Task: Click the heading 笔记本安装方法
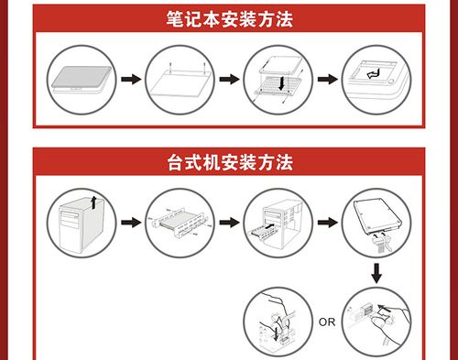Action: (229, 19)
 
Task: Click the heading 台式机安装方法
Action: (230, 162)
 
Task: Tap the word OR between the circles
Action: (327, 322)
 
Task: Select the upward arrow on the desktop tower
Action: (94, 202)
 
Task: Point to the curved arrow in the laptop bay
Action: (373, 74)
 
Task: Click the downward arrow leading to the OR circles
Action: (376, 273)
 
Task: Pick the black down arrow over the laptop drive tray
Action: (281, 83)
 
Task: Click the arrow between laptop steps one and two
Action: (131, 80)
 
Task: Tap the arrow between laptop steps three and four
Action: (328, 80)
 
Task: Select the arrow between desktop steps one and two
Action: (131, 222)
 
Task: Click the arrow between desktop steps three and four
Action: (328, 222)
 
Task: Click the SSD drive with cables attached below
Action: (377, 217)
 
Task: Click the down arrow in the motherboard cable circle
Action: (276, 333)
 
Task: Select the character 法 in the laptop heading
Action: (284, 19)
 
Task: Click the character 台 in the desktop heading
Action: (176, 162)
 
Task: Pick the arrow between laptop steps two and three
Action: (229, 80)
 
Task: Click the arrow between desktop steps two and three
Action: (229, 222)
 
